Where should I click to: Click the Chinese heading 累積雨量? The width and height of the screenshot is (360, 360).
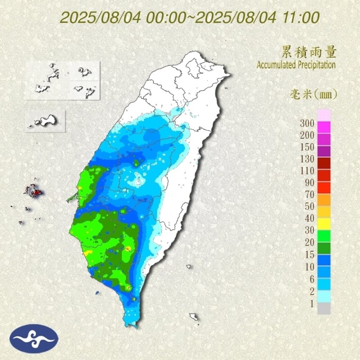[x=309, y=52]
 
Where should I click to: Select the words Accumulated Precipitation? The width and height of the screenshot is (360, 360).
[x=296, y=65]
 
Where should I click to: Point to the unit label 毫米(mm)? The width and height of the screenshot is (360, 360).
[x=313, y=94]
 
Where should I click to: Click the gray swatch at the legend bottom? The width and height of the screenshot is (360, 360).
[x=324, y=308]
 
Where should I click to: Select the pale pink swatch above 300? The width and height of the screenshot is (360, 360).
[x=324, y=114]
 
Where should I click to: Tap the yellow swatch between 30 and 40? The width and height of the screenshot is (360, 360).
[x=324, y=224]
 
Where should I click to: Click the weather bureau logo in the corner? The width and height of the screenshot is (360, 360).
[x=34, y=339]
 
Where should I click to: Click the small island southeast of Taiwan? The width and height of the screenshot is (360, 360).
[x=194, y=317]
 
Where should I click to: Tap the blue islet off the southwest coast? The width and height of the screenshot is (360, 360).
[x=98, y=293]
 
